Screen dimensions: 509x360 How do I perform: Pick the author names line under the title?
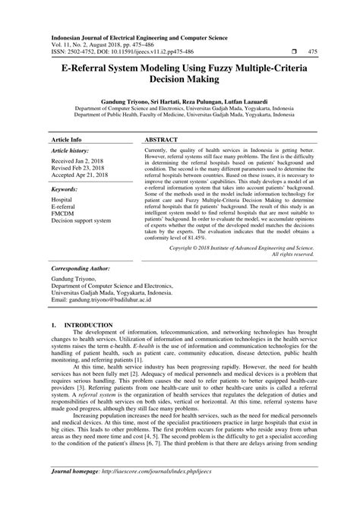[179, 100]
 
